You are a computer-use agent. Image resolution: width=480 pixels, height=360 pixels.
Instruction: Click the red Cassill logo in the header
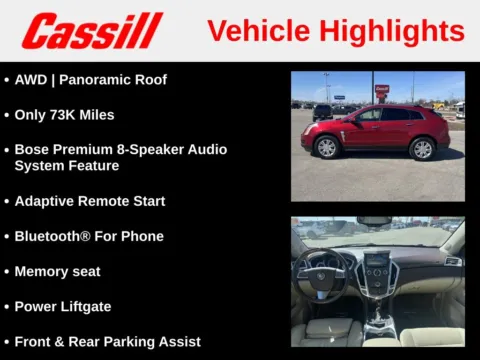(92, 31)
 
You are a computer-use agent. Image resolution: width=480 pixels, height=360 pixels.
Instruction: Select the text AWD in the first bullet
(32, 79)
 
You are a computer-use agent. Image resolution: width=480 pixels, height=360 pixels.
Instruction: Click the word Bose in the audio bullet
(32, 149)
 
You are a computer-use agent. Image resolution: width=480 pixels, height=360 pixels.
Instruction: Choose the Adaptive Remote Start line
(90, 201)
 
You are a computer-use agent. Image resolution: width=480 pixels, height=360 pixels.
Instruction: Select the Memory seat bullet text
(57, 271)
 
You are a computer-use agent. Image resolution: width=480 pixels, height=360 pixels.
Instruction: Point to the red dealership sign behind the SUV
(382, 91)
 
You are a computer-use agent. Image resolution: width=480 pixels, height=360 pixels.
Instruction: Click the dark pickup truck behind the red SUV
(323, 111)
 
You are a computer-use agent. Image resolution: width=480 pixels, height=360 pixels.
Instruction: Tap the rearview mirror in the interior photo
(376, 221)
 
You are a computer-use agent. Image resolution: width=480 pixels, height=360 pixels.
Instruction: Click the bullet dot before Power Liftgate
(7, 307)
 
